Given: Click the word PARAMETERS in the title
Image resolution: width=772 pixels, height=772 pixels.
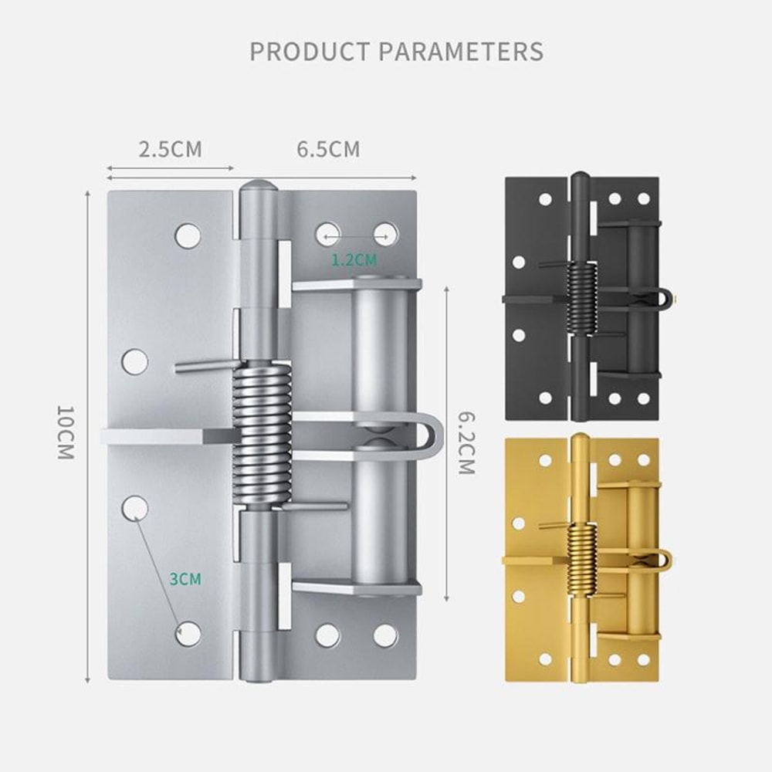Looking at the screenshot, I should click(x=461, y=52).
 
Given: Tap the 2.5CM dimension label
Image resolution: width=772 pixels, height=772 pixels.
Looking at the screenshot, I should click(x=170, y=149).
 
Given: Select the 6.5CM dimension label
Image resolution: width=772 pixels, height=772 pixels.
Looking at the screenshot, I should click(x=328, y=149).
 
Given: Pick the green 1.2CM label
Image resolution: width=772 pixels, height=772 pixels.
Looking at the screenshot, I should click(x=354, y=260).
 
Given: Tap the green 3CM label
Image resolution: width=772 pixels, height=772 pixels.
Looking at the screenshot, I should click(x=185, y=578).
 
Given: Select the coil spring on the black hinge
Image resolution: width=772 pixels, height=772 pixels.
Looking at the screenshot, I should click(x=581, y=298).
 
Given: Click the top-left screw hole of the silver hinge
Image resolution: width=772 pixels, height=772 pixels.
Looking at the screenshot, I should click(x=187, y=235).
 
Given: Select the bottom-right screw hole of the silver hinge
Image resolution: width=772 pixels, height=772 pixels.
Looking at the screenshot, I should click(x=385, y=635).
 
